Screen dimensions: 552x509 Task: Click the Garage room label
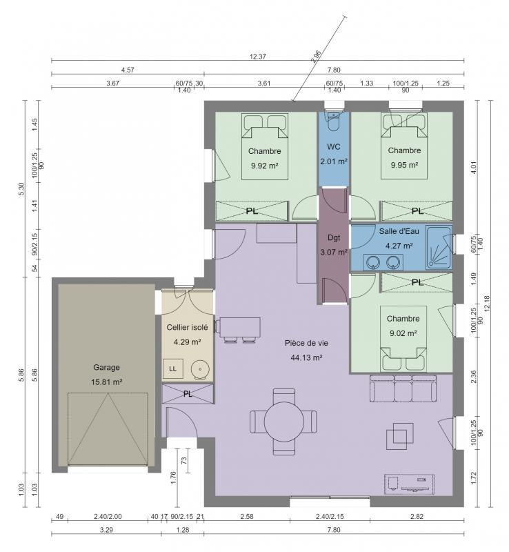tap(107, 367)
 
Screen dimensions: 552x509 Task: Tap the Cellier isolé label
tap(187, 328)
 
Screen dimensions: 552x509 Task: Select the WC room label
tap(334, 147)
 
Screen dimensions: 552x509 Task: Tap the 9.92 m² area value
tap(265, 165)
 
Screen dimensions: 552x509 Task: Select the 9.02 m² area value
tap(402, 333)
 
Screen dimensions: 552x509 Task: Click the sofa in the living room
tap(403, 389)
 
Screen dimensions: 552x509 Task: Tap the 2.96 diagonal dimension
tap(317, 57)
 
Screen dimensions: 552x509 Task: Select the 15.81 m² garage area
tap(107, 382)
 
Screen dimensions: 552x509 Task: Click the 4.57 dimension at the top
tap(128, 70)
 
